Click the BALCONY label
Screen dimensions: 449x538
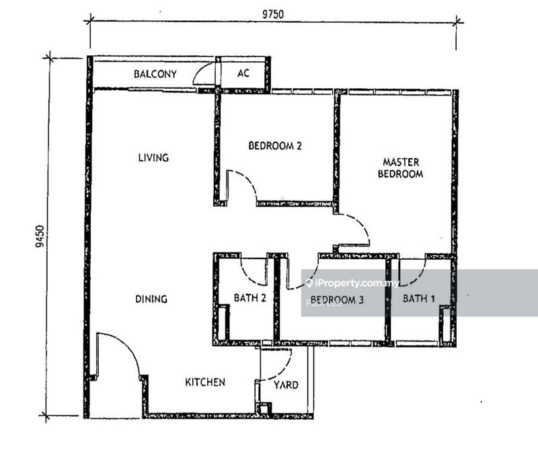coord(155,74)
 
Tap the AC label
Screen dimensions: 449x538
coord(243,73)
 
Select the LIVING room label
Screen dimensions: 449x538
coord(153,158)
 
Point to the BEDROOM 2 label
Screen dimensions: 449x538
coord(275,145)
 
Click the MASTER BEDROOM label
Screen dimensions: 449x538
coord(403,168)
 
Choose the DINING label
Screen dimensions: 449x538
coord(151,299)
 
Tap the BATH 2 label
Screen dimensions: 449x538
coord(249,298)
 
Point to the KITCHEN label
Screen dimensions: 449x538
coord(205,382)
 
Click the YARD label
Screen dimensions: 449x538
coord(286,385)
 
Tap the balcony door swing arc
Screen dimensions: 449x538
coord(203,73)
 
